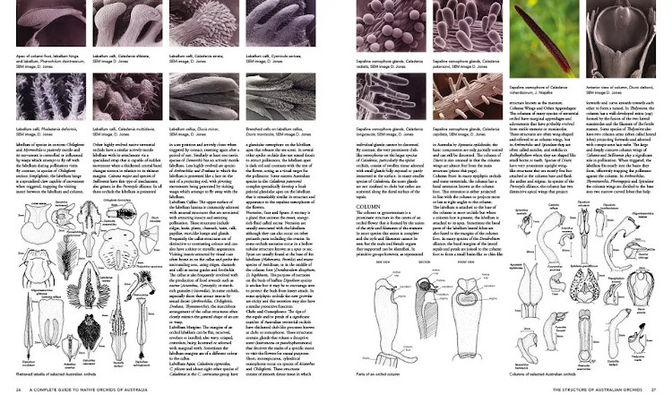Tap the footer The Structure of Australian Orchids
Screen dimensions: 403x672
pos(591,391)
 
